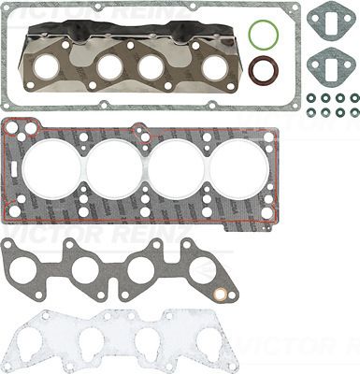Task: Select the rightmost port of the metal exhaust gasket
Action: [x=216, y=67]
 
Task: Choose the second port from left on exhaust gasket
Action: [x=111, y=67]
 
